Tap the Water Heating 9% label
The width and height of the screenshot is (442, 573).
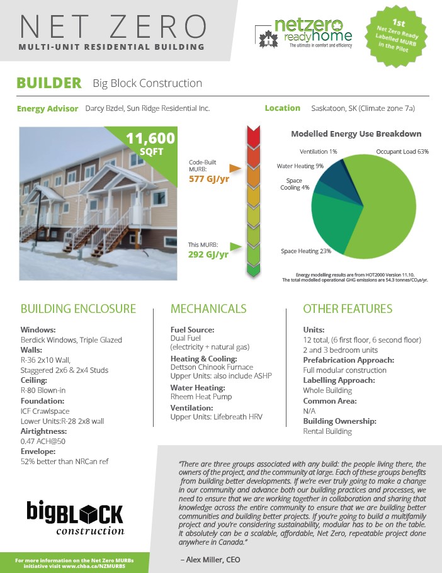click(x=300, y=166)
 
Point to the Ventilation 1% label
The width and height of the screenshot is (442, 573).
click(x=319, y=152)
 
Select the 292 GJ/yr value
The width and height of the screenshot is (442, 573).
click(x=208, y=255)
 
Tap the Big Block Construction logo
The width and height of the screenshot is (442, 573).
click(x=75, y=516)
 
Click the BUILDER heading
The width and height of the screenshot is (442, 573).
click(x=49, y=83)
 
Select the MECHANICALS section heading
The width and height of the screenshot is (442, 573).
click(x=208, y=309)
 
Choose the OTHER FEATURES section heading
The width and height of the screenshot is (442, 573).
click(x=348, y=309)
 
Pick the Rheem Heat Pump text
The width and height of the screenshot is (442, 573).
click(x=201, y=397)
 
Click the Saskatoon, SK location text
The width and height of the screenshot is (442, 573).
click(x=363, y=108)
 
